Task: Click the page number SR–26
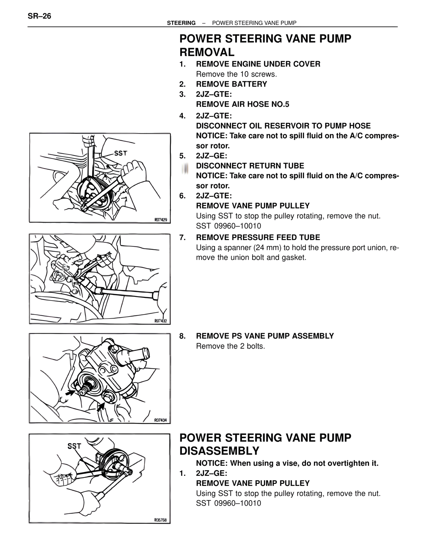pos(39,16)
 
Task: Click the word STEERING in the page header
pos(181,23)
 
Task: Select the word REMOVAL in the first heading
pos(207,52)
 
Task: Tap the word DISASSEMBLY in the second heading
pos(219,451)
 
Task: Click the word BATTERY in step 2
pos(251,84)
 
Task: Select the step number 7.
pos(182,237)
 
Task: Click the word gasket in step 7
pos(294,258)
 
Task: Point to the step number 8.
pos(182,336)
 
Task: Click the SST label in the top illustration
pos(120,153)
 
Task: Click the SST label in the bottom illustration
pos(74,446)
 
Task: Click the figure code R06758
pos(160,520)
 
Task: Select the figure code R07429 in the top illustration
pos(160,220)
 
